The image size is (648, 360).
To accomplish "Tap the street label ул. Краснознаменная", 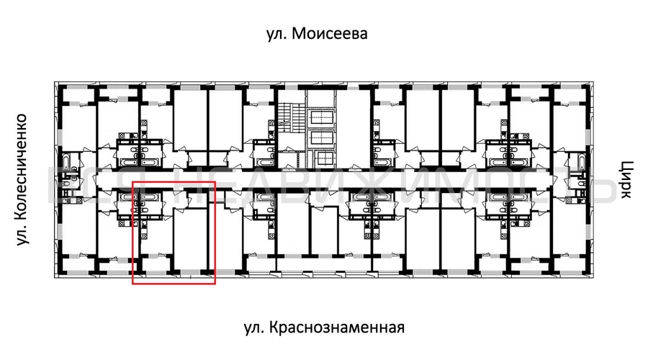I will tap(323, 328).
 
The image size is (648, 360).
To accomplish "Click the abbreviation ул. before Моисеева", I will tap(279, 34).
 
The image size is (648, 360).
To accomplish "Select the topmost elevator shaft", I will tap(320, 117).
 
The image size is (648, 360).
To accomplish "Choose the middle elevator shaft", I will tap(320, 138).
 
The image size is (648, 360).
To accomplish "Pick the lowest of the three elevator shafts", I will tap(320, 157).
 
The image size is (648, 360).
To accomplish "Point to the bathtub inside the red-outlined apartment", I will tap(150, 196).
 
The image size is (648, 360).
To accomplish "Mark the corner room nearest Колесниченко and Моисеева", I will tap(76, 115).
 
